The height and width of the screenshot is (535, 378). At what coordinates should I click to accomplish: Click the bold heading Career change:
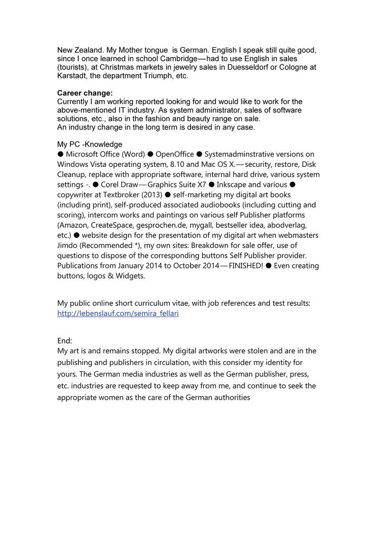point(85,93)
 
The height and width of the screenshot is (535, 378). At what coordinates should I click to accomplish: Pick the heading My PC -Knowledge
point(89,144)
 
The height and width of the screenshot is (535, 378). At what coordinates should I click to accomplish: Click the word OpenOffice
point(175,154)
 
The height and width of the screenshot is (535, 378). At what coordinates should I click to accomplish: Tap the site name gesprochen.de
point(158,225)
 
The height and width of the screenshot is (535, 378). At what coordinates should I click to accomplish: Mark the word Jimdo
point(67,245)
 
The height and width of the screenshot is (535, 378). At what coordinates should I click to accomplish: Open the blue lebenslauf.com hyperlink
point(118,313)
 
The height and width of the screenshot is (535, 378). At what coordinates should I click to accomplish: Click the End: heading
point(65,340)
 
